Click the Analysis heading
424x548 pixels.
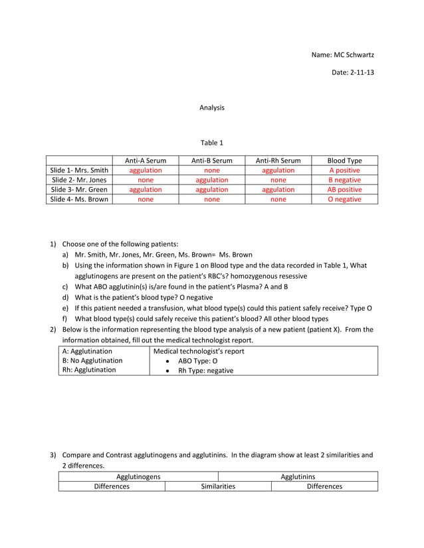point(212,107)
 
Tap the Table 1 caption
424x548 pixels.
point(212,142)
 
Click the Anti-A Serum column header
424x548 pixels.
point(145,161)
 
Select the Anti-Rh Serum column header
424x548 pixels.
point(278,161)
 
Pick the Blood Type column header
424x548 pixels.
point(344,161)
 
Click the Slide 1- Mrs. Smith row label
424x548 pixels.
point(79,171)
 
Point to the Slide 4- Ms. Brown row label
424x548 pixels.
point(79,199)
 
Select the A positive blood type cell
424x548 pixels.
point(344,171)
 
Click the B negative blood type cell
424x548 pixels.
point(344,180)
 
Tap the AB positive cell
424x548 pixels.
point(344,190)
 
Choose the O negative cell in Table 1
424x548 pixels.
point(344,199)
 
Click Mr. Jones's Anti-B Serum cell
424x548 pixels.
point(211,180)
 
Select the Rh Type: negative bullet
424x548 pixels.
point(205,371)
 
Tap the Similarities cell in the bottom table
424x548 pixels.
point(218,486)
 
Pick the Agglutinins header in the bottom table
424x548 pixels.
point(298,476)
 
